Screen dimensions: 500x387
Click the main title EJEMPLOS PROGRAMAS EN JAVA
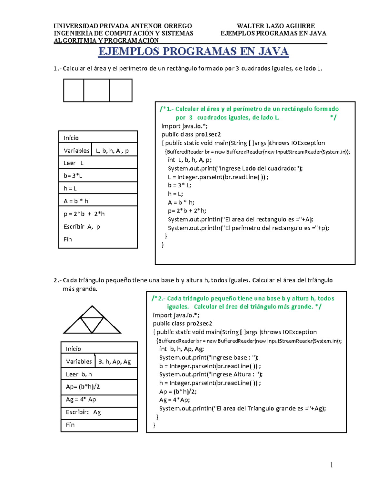[193, 52]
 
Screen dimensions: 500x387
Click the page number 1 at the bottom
[331, 465]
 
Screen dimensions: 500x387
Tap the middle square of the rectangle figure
[96, 90]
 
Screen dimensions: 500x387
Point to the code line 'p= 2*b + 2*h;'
[187, 211]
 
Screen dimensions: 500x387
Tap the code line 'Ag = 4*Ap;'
[174, 400]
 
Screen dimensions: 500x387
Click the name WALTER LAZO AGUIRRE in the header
[275, 26]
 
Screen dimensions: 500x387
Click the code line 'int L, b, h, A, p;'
[190, 160]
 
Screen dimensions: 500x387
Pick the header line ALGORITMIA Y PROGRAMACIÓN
[106, 41]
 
